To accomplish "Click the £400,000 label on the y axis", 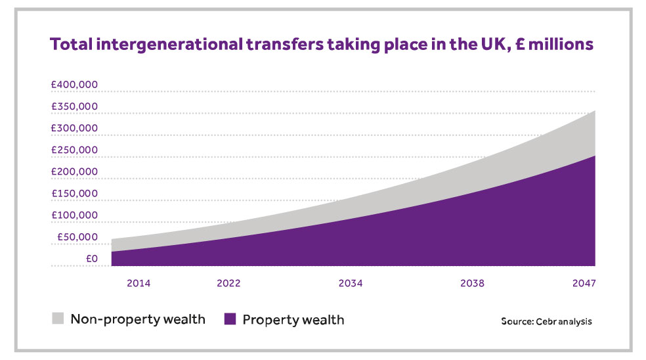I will click(74, 85).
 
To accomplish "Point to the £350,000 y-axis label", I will click(74, 106).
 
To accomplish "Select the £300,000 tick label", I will click(74, 128).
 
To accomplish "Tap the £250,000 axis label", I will click(74, 150).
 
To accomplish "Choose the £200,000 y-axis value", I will click(74, 171).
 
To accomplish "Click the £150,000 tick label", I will click(74, 194).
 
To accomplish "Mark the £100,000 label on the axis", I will click(74, 215).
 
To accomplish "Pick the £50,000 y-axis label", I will click(77, 237).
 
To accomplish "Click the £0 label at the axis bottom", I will click(91, 259).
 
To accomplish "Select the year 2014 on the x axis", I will click(139, 284).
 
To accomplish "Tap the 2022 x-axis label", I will click(228, 284).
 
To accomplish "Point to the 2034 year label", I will click(351, 284).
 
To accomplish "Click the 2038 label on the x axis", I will click(472, 284).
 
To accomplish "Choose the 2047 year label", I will click(583, 284).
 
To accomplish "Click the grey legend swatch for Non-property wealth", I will click(58, 319).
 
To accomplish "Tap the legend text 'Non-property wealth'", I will click(138, 320).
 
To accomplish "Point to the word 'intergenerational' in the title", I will click(160, 45).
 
